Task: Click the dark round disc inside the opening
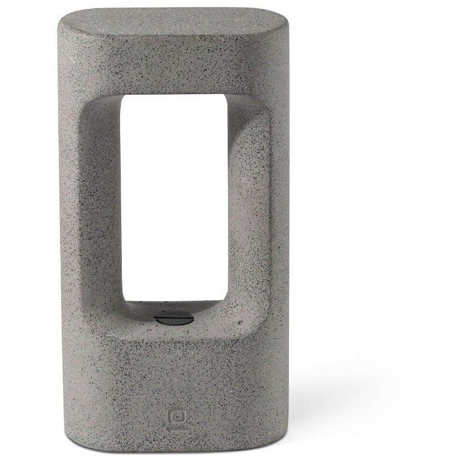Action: point(174,320)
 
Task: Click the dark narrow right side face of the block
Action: point(281,235)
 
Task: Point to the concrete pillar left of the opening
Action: point(88,206)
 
